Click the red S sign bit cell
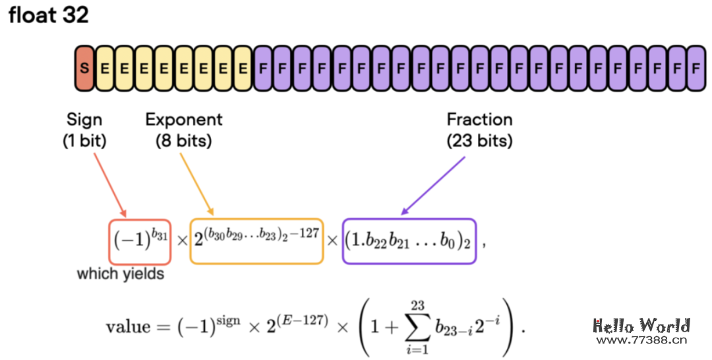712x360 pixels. click(84, 67)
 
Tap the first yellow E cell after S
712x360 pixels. click(104, 67)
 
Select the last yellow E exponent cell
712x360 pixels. click(243, 67)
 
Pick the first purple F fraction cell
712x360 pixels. click(263, 67)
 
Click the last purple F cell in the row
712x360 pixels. click(696, 67)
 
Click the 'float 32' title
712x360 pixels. click(48, 15)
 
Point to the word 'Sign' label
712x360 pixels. click(84, 119)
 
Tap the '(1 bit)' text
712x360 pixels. click(84, 140)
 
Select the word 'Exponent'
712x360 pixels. click(184, 119)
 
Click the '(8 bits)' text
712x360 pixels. click(184, 140)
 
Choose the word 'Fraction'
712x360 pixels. click(479, 119)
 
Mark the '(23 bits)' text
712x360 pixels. click(479, 140)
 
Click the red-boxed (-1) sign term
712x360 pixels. click(140, 241)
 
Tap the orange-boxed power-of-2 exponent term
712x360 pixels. click(256, 241)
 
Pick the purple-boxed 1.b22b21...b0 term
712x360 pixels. click(409, 241)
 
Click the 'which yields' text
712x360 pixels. click(121, 273)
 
